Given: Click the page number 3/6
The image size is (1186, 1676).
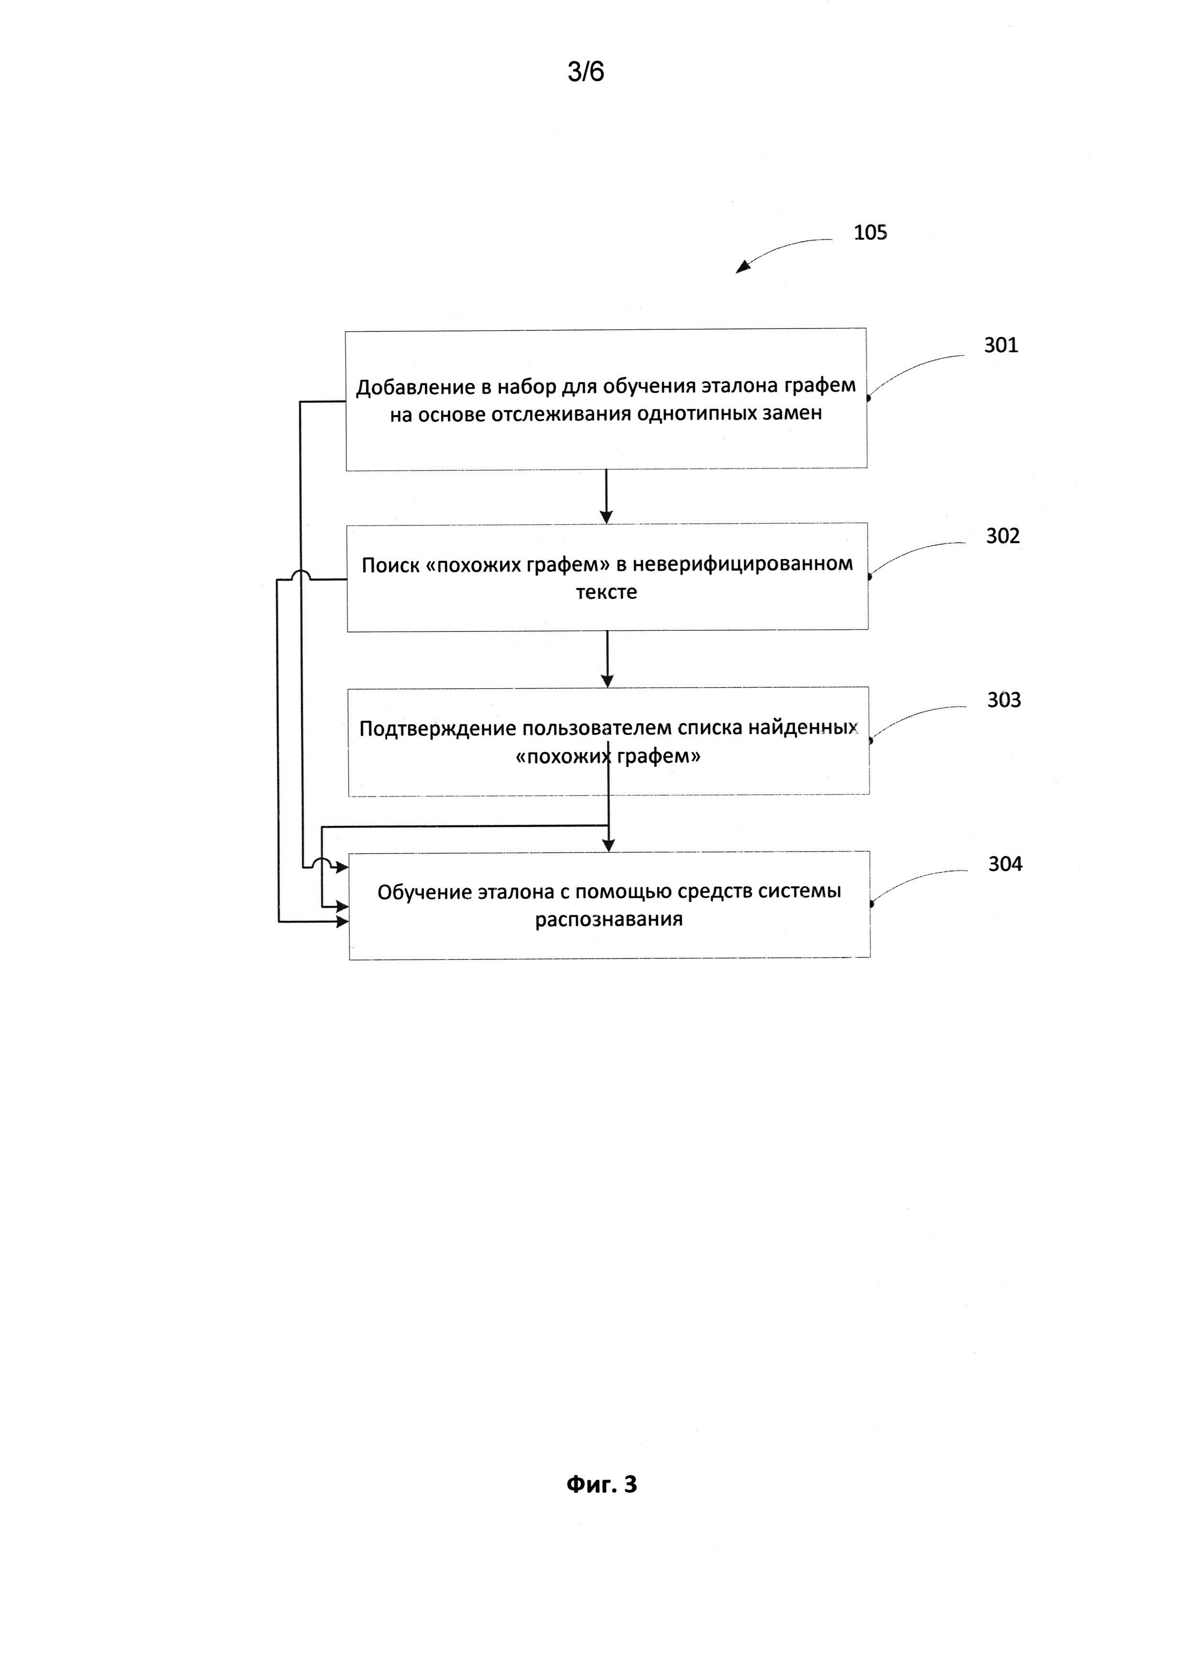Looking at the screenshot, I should [586, 72].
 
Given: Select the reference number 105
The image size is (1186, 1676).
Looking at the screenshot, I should [870, 233].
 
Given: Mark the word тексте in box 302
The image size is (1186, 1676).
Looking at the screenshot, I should [606, 592].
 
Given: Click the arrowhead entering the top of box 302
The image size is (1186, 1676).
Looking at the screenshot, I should [605, 517].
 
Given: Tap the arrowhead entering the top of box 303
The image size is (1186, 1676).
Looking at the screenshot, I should [607, 681].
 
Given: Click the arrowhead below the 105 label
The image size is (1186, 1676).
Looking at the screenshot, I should [742, 268].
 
